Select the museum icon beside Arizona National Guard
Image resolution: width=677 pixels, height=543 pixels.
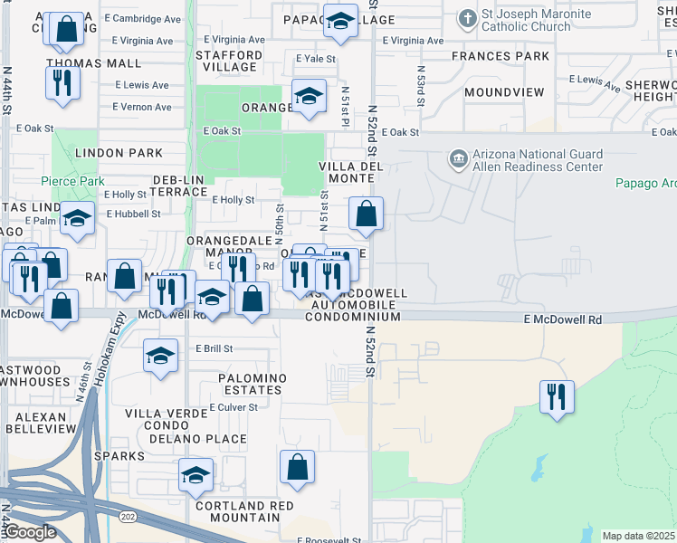459,160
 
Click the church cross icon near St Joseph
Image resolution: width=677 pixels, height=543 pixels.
467,18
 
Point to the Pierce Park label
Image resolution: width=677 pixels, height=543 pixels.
72,181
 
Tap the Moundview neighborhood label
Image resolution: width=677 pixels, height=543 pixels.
504,92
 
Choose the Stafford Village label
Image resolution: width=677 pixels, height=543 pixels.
229,61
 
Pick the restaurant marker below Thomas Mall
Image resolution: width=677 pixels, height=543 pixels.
62,82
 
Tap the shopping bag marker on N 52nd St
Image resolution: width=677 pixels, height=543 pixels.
367,214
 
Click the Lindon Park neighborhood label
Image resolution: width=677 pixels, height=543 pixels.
119,153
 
